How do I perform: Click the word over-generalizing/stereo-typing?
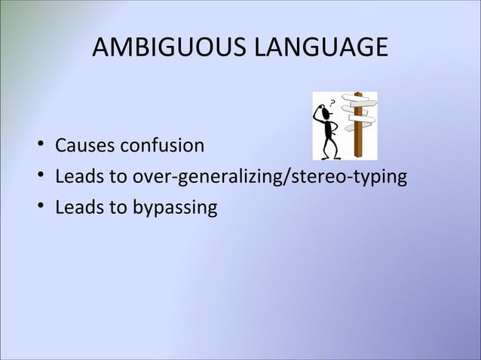point(290,178)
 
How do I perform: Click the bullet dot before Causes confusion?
point(38,145)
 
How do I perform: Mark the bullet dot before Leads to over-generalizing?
point(38,178)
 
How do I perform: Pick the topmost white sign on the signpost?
point(352,99)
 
